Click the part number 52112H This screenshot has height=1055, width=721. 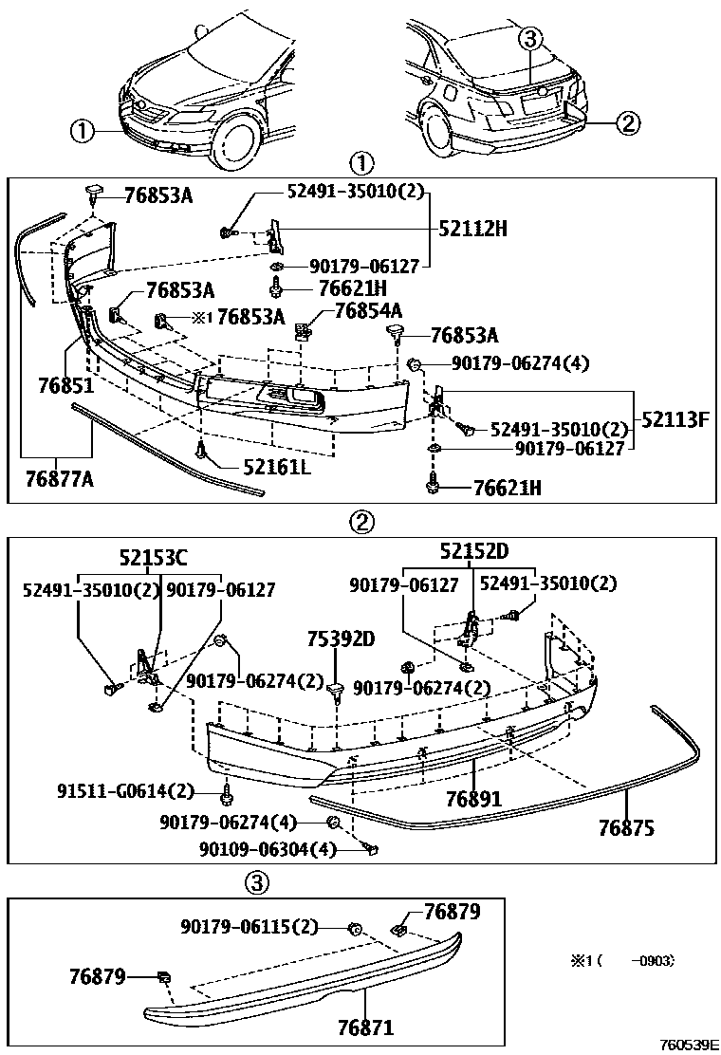[x=472, y=228]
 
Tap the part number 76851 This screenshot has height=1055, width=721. [x=65, y=386]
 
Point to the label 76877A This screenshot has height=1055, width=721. [x=59, y=480]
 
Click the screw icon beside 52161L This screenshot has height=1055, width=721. [x=201, y=453]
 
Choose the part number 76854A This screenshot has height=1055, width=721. [x=367, y=311]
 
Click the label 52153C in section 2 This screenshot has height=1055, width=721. [x=153, y=558]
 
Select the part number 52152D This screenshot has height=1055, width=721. [x=473, y=552]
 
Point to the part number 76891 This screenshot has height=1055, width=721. [x=475, y=799]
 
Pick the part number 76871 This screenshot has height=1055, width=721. [x=365, y=1027]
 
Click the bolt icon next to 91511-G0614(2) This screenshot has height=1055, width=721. [x=228, y=791]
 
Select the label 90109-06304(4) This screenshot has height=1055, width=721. [x=268, y=849]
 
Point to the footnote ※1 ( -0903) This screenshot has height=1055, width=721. [x=621, y=961]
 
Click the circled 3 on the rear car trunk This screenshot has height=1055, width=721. [x=530, y=39]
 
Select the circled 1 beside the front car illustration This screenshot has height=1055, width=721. [x=83, y=131]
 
